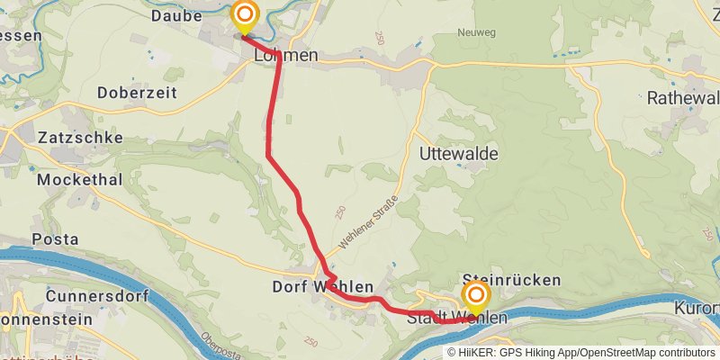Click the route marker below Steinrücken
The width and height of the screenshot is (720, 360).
click(475, 296)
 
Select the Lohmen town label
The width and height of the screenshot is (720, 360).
click(286, 56)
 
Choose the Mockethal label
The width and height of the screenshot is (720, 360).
click(79, 179)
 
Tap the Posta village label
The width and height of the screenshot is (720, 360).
click(49, 239)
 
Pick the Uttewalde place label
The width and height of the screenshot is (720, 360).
click(459, 155)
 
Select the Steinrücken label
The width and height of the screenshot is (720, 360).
click(510, 281)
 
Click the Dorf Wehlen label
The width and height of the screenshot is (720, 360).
click(322, 287)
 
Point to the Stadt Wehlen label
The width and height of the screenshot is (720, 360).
click(456, 319)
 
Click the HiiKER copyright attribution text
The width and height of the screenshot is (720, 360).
click(581, 352)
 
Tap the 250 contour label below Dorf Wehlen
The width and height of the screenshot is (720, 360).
click(311, 342)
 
